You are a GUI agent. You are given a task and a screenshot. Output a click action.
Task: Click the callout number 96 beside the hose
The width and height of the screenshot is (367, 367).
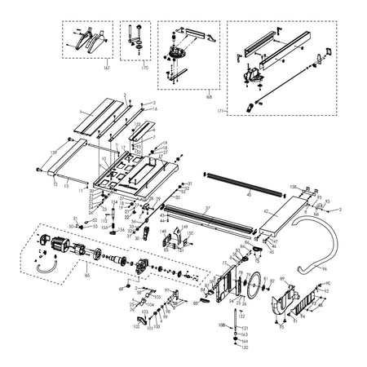324,268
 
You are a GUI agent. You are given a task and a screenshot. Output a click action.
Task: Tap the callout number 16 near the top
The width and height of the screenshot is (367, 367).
154,108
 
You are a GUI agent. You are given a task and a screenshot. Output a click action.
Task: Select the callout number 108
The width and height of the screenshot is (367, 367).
223,325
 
